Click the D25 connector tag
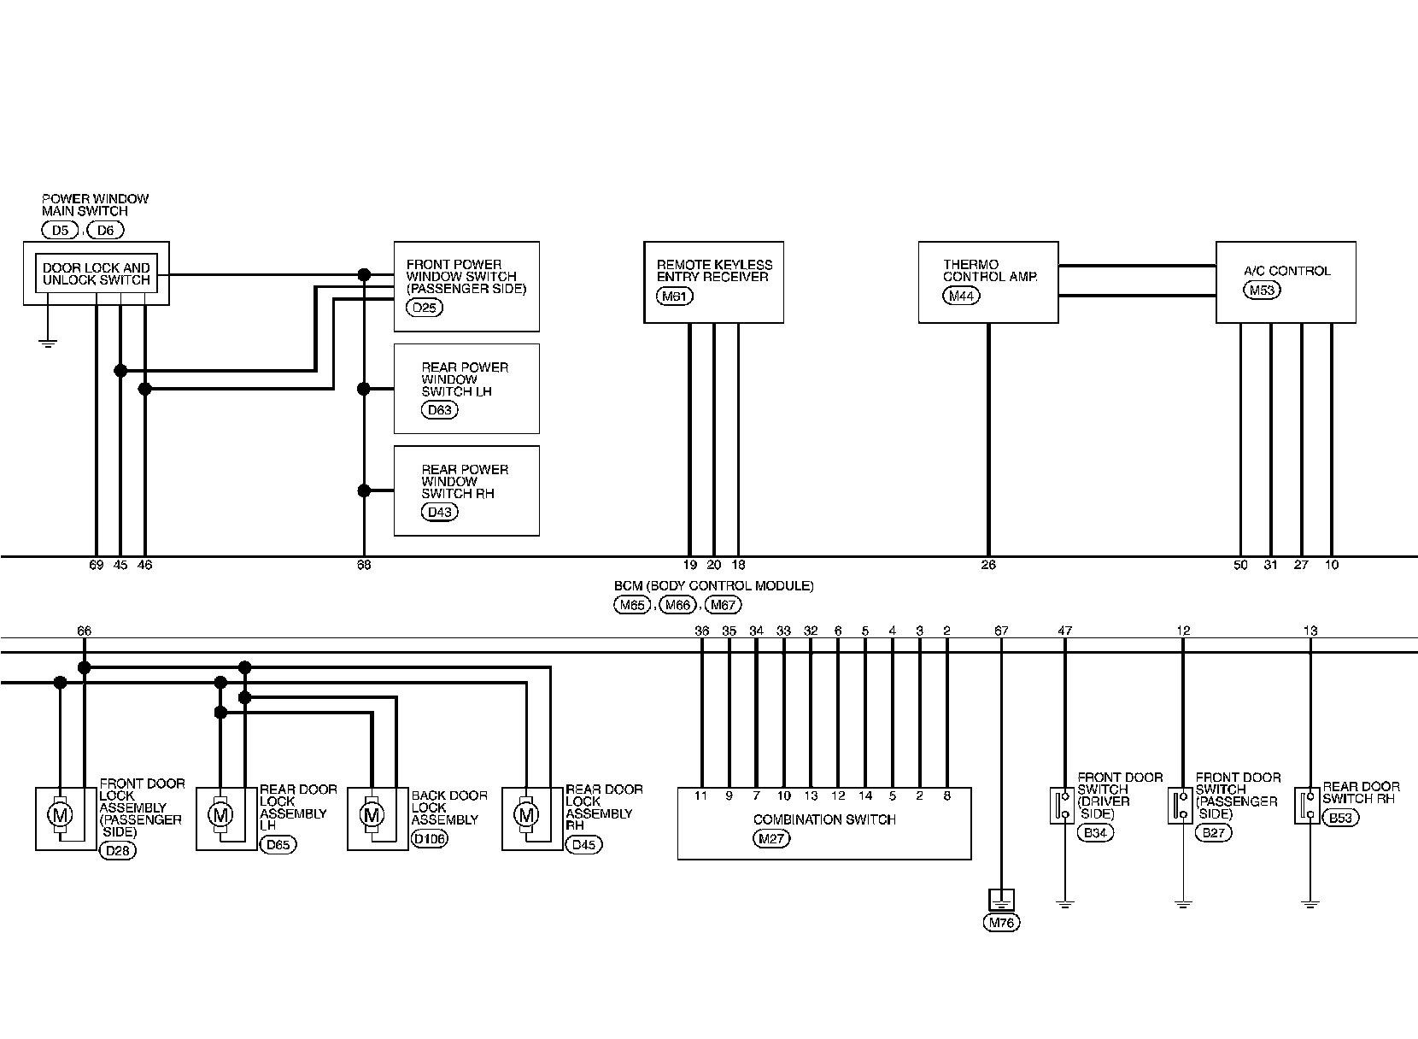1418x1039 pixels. coord(424,308)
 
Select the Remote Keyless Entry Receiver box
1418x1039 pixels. coord(713,282)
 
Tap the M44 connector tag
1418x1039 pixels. coord(961,296)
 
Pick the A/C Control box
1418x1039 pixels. coord(1286,282)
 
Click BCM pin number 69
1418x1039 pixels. coord(96,565)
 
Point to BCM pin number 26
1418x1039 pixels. coord(988,565)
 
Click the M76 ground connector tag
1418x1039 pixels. coord(1001,923)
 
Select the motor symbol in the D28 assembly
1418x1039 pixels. coord(60,815)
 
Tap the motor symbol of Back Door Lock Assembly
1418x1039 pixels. coord(372,815)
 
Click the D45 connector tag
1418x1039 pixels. coord(583,844)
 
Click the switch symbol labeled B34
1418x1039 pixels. coord(1063,805)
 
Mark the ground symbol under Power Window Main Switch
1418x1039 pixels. coord(49,343)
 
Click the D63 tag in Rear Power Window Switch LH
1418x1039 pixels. coord(440,410)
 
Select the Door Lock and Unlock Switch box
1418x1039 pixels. coord(96,273)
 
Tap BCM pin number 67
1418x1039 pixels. coord(1001,631)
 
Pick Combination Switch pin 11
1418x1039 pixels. coord(701,795)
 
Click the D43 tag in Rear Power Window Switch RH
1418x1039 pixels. coord(440,512)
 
